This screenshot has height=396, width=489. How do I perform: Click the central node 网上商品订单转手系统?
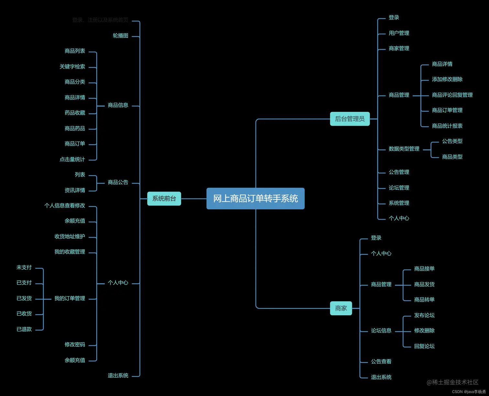(x=255, y=198)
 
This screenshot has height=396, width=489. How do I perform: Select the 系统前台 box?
(x=164, y=198)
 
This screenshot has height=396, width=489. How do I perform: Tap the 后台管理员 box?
(x=350, y=119)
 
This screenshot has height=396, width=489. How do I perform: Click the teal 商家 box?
(x=341, y=308)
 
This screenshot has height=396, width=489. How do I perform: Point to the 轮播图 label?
(x=120, y=36)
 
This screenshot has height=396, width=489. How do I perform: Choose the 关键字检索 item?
(x=72, y=66)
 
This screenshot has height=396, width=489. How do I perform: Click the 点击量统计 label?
(x=72, y=159)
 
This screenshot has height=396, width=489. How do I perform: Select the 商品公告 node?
(x=118, y=182)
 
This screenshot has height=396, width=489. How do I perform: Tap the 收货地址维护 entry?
(x=70, y=236)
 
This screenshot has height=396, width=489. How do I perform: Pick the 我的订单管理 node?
(x=70, y=298)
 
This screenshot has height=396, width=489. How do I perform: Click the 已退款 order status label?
(x=24, y=329)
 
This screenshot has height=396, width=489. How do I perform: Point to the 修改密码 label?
(x=75, y=345)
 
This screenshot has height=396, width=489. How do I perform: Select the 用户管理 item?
(x=399, y=33)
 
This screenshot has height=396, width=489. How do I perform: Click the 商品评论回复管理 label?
(x=452, y=95)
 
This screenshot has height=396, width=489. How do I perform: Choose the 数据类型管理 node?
(x=404, y=149)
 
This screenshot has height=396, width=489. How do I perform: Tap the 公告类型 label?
(x=452, y=141)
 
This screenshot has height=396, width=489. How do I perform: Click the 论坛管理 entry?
(x=399, y=188)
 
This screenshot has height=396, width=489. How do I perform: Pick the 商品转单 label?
(x=424, y=300)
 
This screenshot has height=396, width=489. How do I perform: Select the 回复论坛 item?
(x=424, y=346)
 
